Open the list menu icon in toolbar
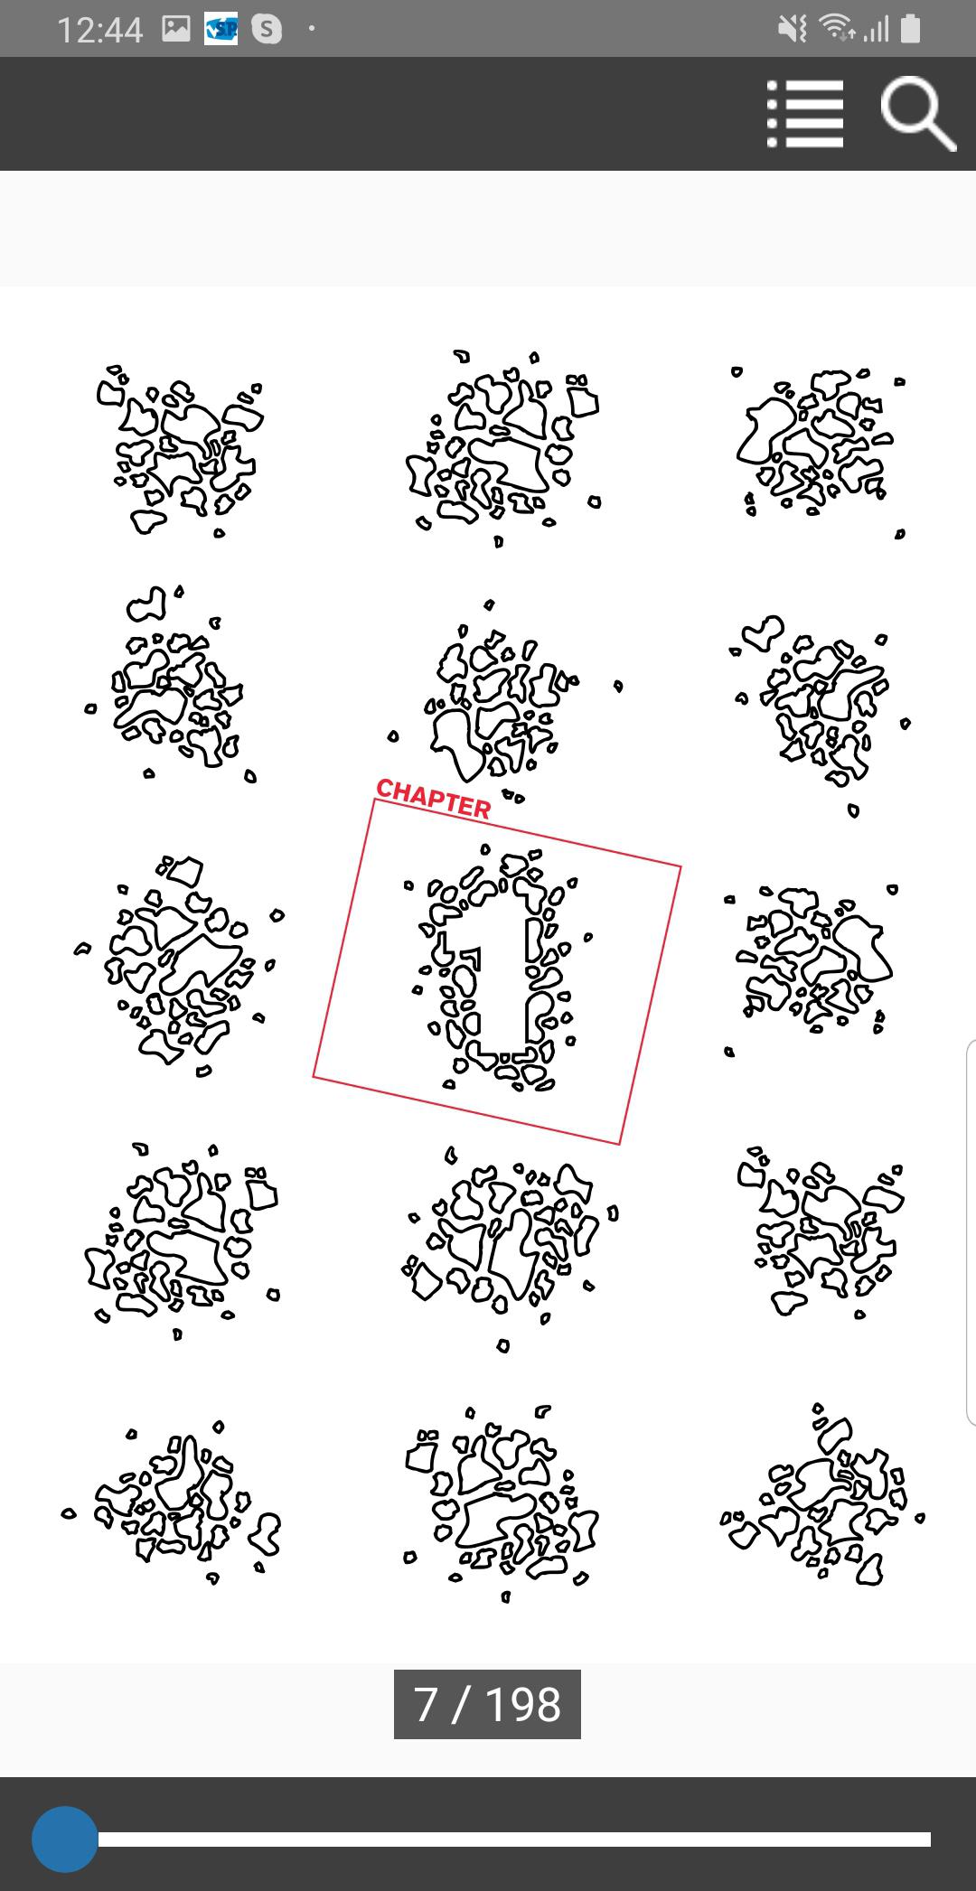point(805,114)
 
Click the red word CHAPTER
point(434,799)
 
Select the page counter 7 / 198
point(487,1704)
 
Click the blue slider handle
point(64,1840)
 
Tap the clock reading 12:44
point(100,30)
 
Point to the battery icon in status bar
point(911,29)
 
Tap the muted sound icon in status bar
point(792,30)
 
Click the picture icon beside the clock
point(176,30)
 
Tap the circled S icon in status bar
point(267,30)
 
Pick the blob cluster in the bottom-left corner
point(172,1501)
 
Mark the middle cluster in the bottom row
point(502,1504)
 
